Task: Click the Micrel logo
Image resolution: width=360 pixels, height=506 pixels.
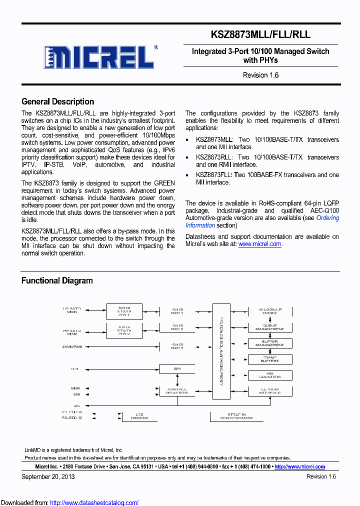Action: point(98,57)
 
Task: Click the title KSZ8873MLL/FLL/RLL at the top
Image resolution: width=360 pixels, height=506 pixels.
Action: point(260,34)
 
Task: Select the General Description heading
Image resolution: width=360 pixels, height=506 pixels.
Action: point(57,101)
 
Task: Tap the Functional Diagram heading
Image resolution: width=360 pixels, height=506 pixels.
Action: point(57,280)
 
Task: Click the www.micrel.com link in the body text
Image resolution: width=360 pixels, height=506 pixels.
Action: point(260,244)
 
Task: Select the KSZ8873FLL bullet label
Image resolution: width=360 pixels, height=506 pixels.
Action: point(214,174)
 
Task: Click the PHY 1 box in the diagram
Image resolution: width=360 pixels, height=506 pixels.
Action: point(124,311)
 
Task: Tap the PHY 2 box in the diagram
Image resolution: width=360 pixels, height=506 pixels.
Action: point(124,330)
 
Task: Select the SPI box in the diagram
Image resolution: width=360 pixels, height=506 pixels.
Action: point(176,369)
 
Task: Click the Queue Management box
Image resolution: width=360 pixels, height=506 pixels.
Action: point(269,327)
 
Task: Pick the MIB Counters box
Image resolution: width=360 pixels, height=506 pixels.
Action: point(269,375)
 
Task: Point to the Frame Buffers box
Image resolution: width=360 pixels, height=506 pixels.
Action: point(269,359)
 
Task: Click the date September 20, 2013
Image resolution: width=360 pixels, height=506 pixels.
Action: point(48,476)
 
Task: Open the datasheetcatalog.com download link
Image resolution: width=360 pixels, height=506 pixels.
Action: point(94,502)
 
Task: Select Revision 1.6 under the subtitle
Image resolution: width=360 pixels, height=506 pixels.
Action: point(260,75)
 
